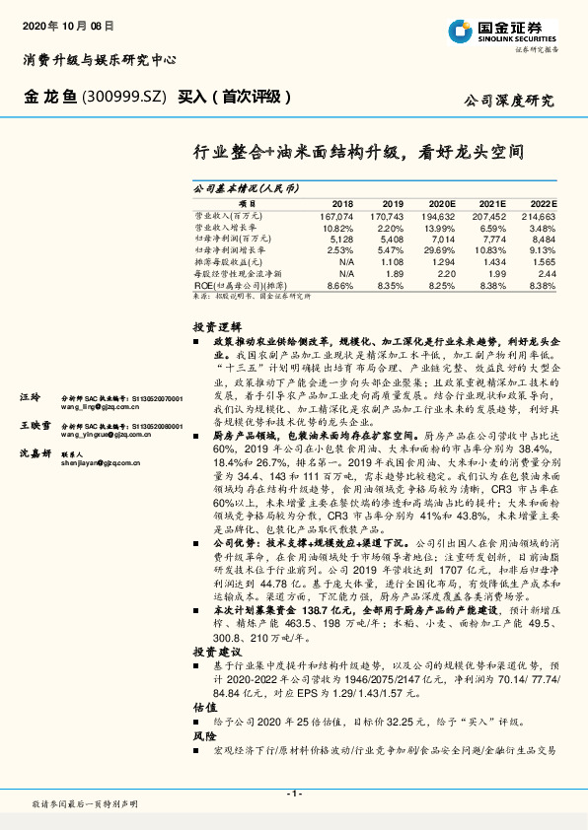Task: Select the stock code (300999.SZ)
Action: click(x=123, y=98)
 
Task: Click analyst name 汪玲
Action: click(x=30, y=397)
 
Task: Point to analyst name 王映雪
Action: click(x=35, y=425)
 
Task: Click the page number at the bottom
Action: click(x=293, y=795)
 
